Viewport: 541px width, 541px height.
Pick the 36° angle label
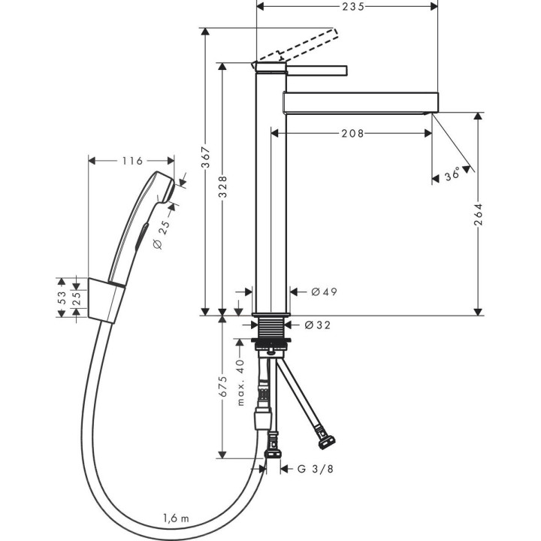point(452,175)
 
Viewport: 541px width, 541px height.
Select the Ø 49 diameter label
point(322,292)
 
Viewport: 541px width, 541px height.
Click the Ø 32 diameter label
point(319,325)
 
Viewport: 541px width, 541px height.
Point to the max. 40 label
point(241,382)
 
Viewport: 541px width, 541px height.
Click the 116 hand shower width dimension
point(131,160)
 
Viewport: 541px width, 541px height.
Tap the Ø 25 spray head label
point(163,233)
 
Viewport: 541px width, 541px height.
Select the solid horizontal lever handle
point(316,71)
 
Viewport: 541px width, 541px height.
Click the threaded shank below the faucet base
point(271,328)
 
